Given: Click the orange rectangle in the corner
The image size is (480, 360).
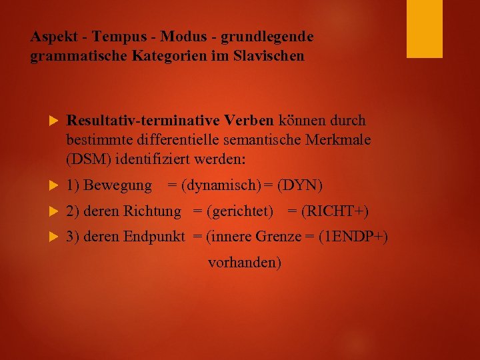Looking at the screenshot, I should click(x=424, y=29).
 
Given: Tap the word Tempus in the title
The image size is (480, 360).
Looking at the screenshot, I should click(x=114, y=37).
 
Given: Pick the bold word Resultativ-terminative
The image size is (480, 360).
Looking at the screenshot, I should click(x=143, y=121).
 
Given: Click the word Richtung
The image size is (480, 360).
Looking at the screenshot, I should click(x=152, y=211).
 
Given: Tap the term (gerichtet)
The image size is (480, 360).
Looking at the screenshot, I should click(x=240, y=211).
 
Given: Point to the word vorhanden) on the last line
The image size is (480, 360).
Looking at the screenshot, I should click(x=245, y=263).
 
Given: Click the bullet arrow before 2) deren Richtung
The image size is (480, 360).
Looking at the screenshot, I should click(x=55, y=212).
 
